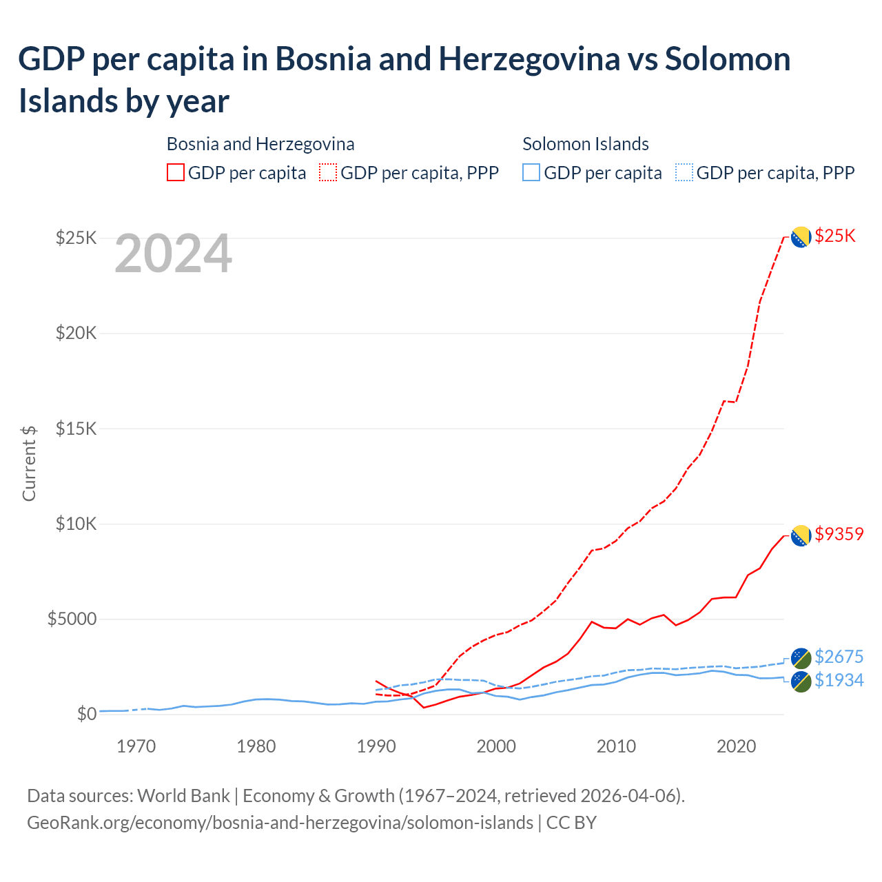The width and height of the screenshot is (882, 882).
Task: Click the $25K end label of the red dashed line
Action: (x=834, y=236)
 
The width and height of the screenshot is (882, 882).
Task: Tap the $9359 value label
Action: (x=839, y=534)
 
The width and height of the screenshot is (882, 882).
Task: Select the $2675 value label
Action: (x=839, y=657)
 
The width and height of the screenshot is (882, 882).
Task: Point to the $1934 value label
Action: (x=839, y=680)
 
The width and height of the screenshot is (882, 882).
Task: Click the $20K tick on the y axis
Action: (x=76, y=334)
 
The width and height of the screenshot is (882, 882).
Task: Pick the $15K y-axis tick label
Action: (x=76, y=429)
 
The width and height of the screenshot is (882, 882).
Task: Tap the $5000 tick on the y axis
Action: (x=72, y=619)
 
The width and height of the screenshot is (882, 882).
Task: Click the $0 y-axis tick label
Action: (x=86, y=714)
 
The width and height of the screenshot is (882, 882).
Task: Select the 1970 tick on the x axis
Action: (x=136, y=746)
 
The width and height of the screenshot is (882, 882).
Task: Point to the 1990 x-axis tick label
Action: (x=376, y=746)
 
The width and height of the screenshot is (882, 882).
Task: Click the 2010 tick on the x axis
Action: (x=616, y=746)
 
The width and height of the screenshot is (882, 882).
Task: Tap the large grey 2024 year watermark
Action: (x=173, y=254)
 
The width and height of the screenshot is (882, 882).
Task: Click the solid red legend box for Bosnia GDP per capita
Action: (x=176, y=172)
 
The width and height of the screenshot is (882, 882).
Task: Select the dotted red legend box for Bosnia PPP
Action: (x=328, y=172)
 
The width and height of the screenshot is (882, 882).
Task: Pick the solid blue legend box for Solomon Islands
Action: (x=531, y=172)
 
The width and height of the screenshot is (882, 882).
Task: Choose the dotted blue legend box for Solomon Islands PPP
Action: (x=684, y=172)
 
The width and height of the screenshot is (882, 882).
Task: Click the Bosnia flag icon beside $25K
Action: (x=800, y=237)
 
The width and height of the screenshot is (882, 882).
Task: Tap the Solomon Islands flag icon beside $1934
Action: (x=801, y=681)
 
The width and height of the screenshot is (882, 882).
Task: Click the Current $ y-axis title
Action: (x=29, y=463)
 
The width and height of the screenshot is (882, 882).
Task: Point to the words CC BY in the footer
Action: (x=571, y=823)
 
